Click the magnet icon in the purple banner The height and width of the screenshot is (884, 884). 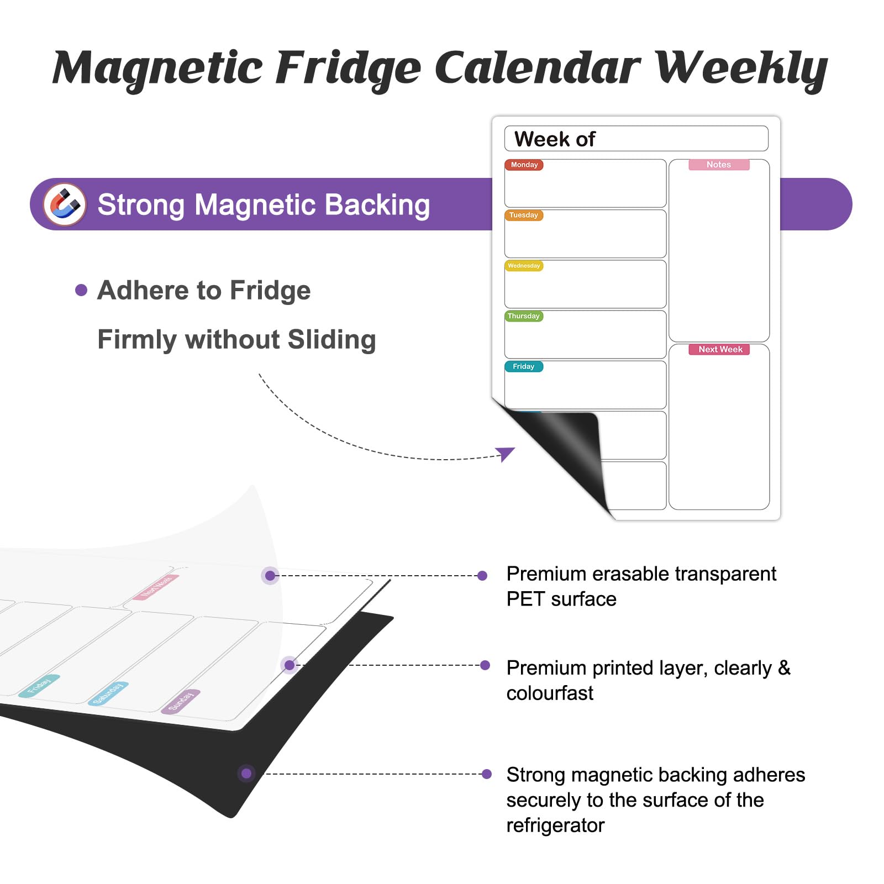click(x=65, y=204)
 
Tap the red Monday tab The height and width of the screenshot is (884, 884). click(x=524, y=165)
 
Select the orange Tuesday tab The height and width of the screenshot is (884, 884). click(x=524, y=215)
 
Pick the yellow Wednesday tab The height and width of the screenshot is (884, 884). click(x=524, y=266)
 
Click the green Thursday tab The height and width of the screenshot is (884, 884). click(x=524, y=316)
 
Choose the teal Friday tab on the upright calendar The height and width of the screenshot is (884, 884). click(x=524, y=366)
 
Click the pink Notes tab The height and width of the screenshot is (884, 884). click(x=719, y=165)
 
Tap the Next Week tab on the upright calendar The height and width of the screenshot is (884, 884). click(x=719, y=349)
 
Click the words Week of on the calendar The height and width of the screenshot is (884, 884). click(x=555, y=139)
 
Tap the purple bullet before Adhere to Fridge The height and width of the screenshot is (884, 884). click(x=81, y=290)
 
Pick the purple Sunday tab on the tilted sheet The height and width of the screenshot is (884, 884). click(x=181, y=702)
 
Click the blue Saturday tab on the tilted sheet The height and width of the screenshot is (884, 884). click(x=108, y=694)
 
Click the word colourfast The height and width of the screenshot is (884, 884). click(x=550, y=693)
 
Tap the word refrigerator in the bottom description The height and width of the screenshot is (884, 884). click(x=555, y=825)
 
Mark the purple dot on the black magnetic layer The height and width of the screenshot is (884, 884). click(x=246, y=773)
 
